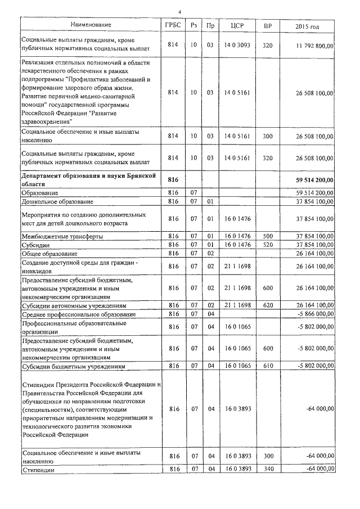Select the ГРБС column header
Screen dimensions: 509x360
click(173, 25)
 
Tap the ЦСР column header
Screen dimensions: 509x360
click(236, 25)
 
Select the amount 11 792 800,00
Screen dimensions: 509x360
click(311, 44)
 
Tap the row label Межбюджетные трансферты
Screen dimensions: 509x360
click(62, 237)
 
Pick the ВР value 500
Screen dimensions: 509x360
click(267, 237)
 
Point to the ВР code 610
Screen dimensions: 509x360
click(267, 366)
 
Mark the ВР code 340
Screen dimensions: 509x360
click(267, 469)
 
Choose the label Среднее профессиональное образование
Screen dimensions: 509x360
click(78, 313)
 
